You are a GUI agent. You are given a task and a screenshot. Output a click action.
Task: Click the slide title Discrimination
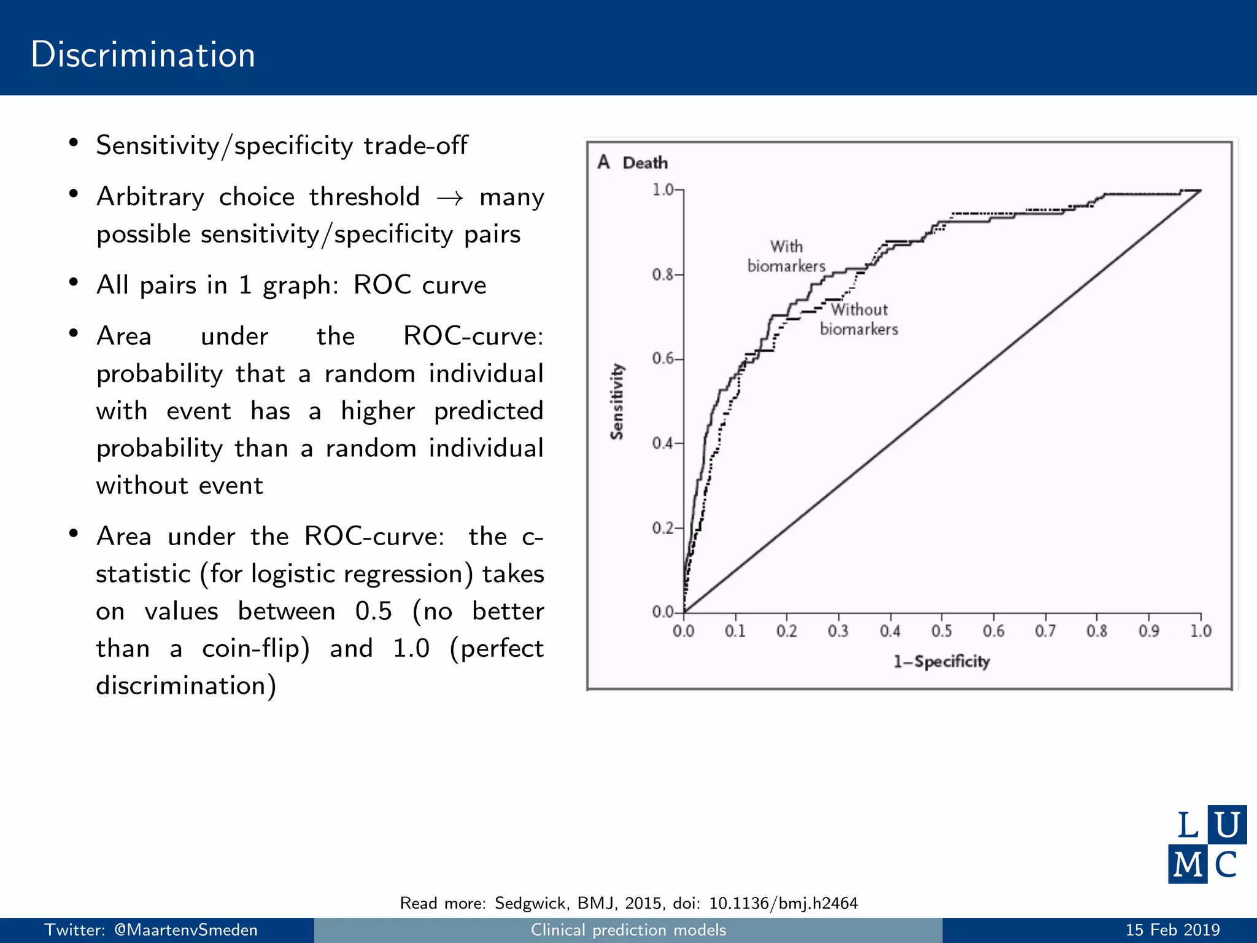143,55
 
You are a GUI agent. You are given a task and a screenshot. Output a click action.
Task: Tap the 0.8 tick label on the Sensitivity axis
663,274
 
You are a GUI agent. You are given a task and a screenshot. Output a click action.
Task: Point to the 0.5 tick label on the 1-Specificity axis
942,631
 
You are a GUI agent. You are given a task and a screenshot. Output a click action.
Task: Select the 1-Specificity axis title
942,662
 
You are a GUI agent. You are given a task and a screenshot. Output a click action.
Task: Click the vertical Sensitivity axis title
617,402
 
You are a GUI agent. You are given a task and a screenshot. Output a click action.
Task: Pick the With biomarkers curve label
786,256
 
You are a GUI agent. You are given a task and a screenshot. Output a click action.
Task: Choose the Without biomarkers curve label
859,319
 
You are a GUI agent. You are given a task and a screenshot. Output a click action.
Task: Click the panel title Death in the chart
645,163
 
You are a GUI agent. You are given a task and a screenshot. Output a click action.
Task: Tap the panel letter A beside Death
604,162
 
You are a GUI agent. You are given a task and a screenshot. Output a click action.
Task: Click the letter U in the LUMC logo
1227,825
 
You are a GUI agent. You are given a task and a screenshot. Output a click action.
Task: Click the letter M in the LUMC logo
1187,864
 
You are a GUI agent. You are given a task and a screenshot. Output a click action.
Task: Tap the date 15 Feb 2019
1172,930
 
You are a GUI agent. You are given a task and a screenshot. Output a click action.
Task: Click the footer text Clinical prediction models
628,930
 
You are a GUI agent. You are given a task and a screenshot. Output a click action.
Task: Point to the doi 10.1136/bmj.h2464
783,903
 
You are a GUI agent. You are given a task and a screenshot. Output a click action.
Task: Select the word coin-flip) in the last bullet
256,648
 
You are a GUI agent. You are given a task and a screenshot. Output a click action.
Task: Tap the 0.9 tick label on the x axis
1149,631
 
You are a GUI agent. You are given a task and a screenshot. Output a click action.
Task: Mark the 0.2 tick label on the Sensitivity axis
663,528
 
